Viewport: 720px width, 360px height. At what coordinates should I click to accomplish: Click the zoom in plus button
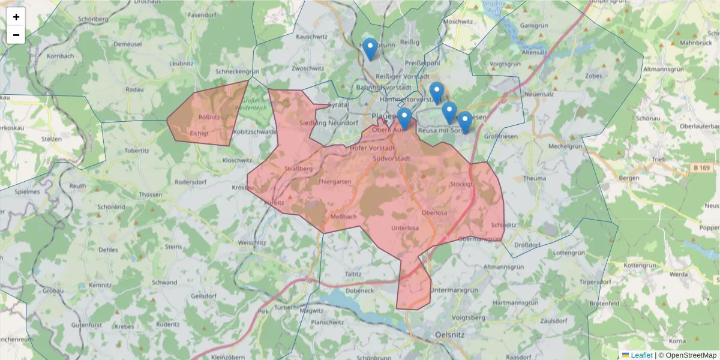coord(16,17)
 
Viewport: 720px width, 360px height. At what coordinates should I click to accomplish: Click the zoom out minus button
coord(16,35)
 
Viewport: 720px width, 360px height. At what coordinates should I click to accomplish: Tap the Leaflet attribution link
coord(641,355)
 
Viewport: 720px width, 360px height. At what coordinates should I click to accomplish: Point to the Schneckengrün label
coord(237,71)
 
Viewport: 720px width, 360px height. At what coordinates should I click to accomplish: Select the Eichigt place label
coord(199,133)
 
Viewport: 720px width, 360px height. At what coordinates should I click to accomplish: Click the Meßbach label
coord(344,217)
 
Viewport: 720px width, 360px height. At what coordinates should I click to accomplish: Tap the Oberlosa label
coord(434,213)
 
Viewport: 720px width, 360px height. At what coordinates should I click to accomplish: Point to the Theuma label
coord(535,178)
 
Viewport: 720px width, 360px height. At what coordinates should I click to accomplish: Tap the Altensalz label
coord(535,52)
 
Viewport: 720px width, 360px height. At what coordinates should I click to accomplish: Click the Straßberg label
coord(299,169)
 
